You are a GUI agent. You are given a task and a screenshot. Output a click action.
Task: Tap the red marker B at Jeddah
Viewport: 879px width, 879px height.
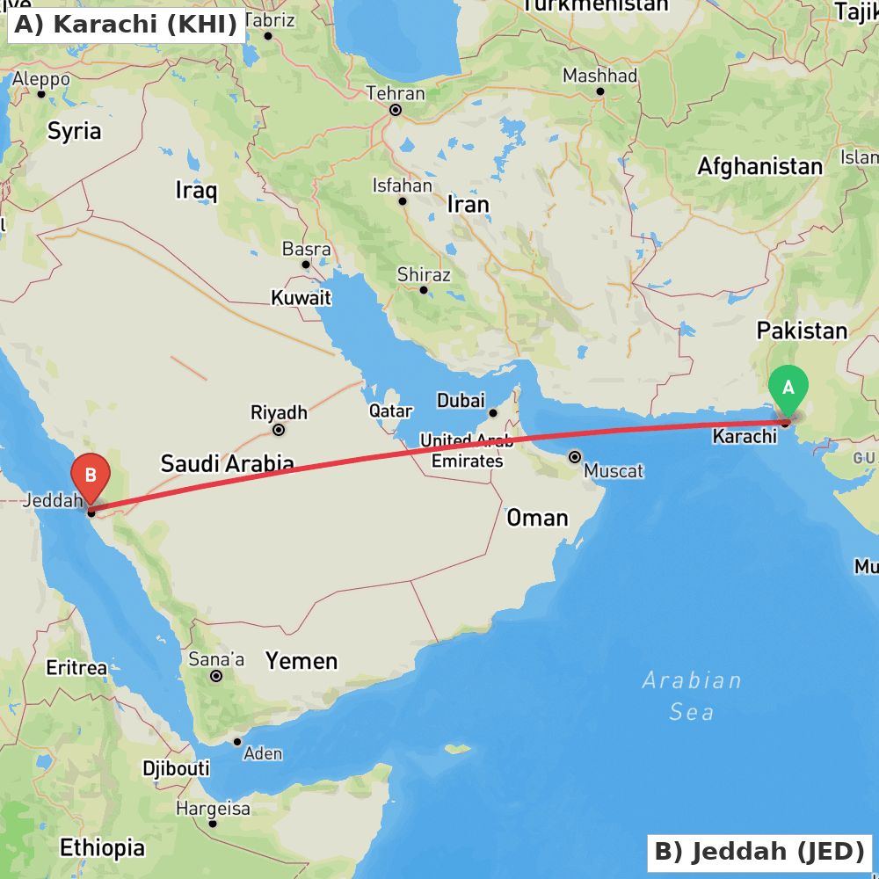coord(90,475)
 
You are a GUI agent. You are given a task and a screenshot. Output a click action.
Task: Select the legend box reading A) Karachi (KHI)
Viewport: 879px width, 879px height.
coord(127,25)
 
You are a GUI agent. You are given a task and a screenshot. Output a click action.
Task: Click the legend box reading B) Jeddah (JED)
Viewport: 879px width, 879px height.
coord(759,852)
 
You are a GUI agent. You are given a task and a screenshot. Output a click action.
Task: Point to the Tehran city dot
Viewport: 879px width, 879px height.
coord(396,111)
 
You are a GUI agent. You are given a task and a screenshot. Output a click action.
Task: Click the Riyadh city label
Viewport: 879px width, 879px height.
coord(279,411)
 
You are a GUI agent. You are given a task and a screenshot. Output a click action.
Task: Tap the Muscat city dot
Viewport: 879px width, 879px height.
coord(575,457)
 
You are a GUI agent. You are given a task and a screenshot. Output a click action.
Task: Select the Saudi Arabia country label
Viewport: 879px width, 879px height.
coord(227,463)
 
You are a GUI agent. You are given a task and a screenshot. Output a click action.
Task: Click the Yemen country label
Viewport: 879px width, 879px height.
coord(301,660)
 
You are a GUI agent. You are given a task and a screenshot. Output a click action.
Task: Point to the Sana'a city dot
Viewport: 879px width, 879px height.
coord(215,676)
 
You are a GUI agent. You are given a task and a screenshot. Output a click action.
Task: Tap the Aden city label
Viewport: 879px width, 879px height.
coord(263,753)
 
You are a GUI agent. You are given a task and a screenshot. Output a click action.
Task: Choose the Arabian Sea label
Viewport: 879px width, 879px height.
coord(692,695)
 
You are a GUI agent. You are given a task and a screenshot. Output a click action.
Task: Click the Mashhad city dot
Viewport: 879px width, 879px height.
coord(600,91)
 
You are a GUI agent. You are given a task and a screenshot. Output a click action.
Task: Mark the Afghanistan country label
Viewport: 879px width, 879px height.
coord(759,166)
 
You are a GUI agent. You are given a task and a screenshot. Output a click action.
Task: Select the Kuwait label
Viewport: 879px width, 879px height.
coord(301,298)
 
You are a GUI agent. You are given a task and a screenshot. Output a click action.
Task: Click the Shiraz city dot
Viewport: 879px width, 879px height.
coord(423,290)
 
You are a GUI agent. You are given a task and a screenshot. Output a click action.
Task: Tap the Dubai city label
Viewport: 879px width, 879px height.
coord(461,401)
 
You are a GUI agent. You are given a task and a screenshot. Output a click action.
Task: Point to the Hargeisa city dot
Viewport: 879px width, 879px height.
coord(213,825)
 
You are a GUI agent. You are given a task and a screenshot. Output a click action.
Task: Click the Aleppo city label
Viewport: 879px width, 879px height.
coord(41,79)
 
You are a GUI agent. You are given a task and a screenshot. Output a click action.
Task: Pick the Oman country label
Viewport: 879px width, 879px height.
coord(537,518)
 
